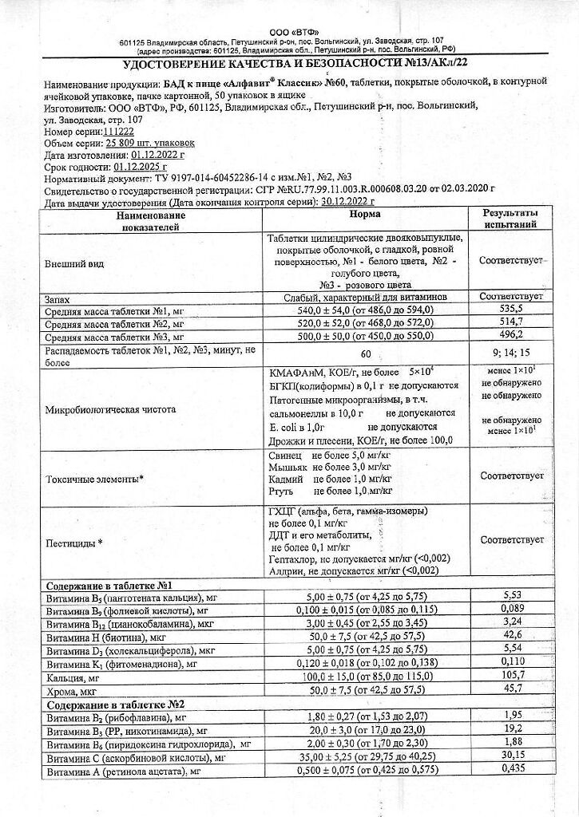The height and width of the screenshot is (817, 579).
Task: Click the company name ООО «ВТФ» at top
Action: pos(289,30)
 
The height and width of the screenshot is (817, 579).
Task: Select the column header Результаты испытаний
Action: pos(511,220)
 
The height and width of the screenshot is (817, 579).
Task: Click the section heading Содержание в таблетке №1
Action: pos(105,585)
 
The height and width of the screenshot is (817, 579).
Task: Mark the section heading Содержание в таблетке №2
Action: pos(105,705)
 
